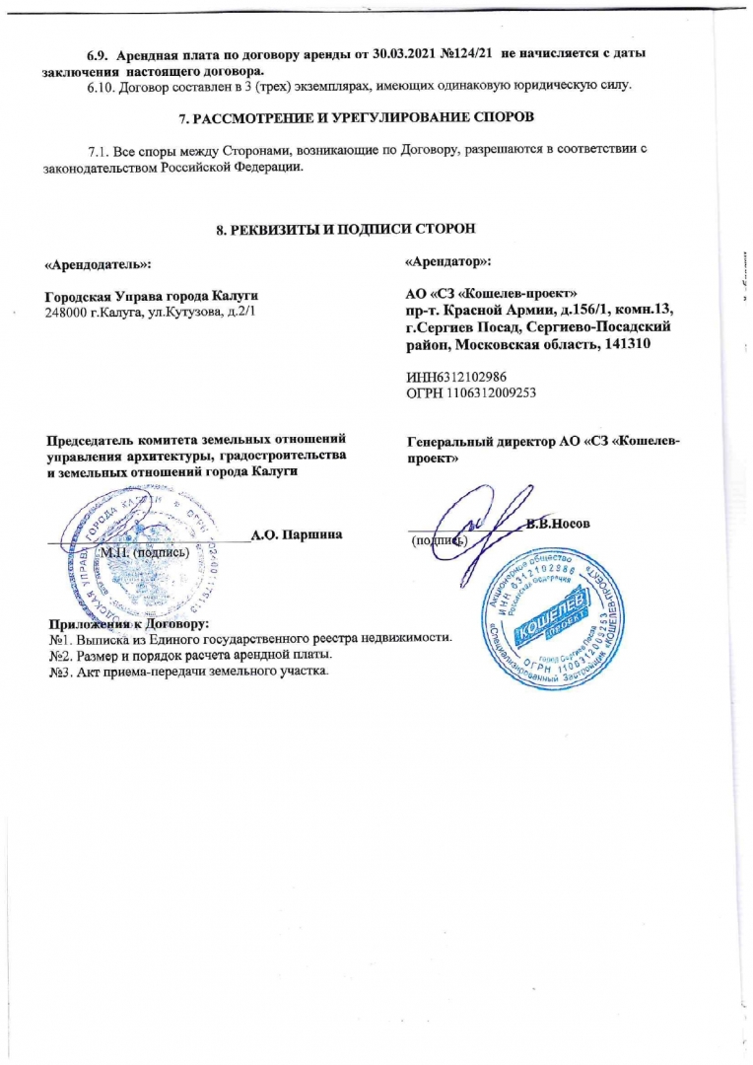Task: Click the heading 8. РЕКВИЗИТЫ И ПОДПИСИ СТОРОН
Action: coord(346,229)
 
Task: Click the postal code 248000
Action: coord(70,313)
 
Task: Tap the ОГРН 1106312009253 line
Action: coord(469,393)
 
